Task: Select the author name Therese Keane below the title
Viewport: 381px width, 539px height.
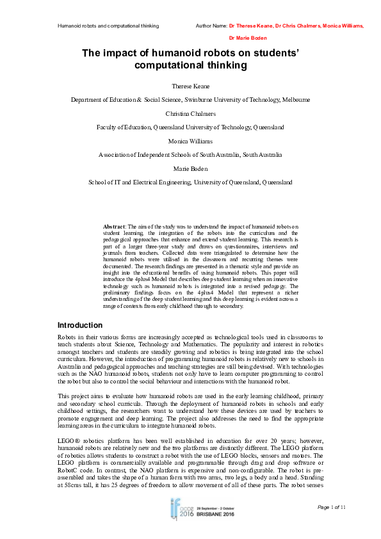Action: (190, 85)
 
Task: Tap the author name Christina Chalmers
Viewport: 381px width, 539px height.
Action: (190, 113)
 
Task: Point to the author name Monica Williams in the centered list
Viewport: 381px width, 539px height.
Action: (190, 141)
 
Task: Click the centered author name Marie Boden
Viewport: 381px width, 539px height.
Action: (190, 168)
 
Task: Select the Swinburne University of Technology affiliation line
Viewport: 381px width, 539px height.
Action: (190, 99)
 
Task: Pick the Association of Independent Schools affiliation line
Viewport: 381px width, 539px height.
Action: (190, 154)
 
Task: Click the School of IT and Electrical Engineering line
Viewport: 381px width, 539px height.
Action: (190, 182)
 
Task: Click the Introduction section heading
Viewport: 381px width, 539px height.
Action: (80, 325)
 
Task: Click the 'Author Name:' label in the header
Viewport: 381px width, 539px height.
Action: (211, 26)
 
